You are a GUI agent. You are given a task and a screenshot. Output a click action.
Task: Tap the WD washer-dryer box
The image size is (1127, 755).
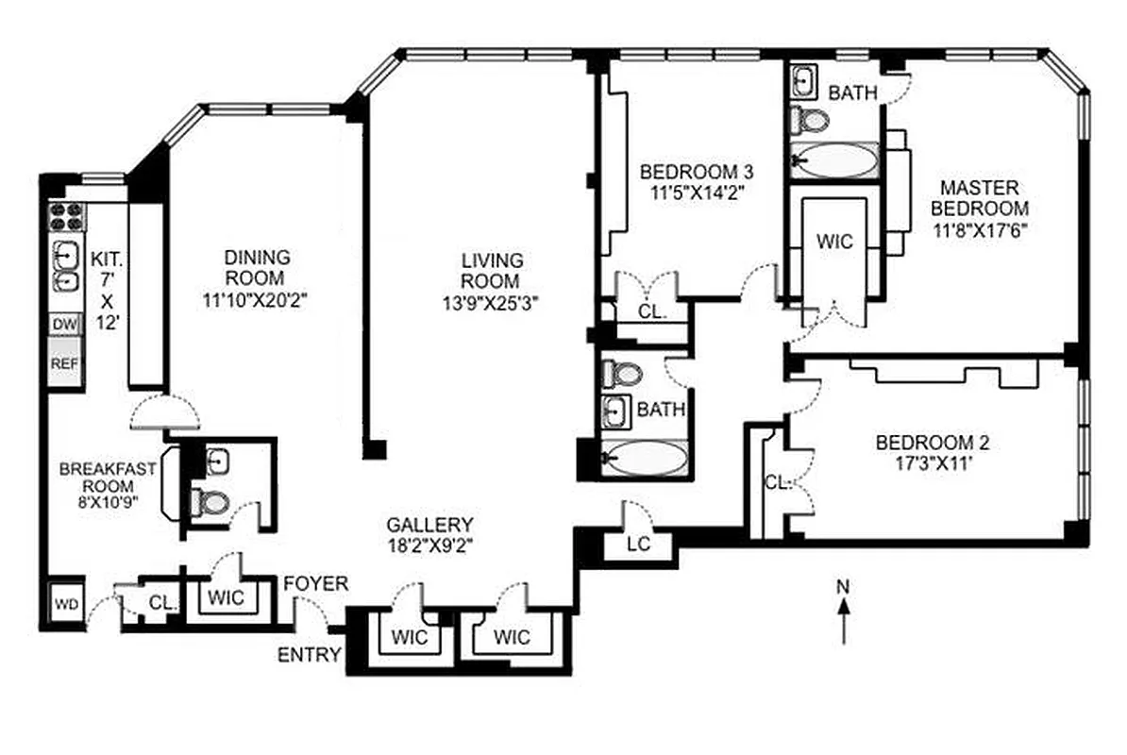click(64, 603)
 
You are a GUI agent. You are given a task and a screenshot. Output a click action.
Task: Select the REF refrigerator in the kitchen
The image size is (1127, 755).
click(64, 363)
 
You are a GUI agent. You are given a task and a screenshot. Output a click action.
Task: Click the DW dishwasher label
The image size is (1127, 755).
click(64, 325)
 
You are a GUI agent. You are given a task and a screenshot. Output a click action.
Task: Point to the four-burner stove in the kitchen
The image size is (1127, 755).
click(64, 216)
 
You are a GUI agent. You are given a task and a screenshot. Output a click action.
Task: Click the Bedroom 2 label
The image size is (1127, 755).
click(932, 442)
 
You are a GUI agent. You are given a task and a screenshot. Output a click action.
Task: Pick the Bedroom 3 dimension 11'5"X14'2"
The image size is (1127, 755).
click(696, 195)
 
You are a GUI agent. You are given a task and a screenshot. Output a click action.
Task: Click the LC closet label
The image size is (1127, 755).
click(639, 544)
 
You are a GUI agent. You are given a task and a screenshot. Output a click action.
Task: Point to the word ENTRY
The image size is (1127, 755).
click(309, 655)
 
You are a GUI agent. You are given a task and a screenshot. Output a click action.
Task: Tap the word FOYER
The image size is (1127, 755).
click(316, 584)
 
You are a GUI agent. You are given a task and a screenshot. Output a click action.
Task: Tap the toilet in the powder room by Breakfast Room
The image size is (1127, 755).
click(209, 502)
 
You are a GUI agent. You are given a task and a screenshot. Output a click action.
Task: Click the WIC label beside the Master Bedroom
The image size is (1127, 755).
click(834, 242)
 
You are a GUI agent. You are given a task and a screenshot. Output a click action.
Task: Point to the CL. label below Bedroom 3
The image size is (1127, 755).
click(651, 310)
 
